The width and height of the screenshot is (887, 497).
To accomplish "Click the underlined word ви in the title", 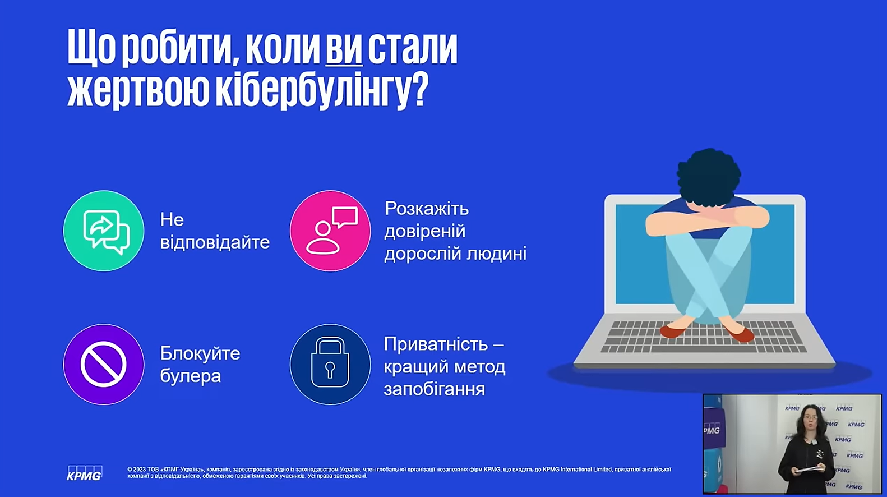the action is coord(344,49).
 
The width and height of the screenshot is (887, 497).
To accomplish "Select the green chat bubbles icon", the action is coord(104,231).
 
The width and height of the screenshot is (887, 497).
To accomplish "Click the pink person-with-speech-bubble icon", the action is coord(330,231).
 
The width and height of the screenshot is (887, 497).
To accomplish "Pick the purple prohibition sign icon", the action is coord(104,364).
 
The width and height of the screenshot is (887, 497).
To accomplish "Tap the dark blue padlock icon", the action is coord(330,364).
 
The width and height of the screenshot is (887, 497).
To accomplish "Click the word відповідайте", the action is coord(215,242).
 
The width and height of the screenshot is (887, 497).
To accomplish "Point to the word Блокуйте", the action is coord(200,353).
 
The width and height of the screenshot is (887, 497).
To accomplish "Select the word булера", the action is coord(191,375).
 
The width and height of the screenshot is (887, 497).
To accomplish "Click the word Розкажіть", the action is coord(427,209).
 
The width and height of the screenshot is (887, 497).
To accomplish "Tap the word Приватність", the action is coord(436,344).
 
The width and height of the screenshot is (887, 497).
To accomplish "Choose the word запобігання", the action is coord(435,389).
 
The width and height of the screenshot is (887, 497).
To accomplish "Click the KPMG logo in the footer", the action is coord(85,473).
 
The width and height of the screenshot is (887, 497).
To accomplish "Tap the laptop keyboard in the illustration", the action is coord(703,337).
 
